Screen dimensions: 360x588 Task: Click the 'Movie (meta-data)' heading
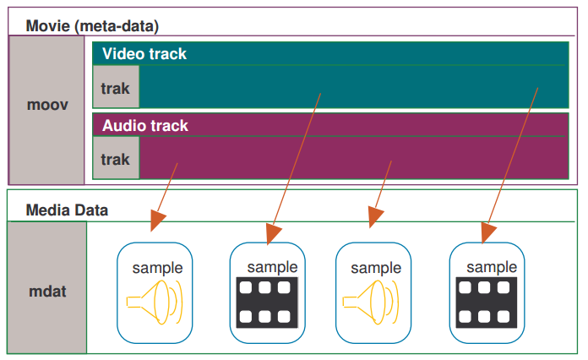tap(92, 25)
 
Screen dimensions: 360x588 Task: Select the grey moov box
tap(47, 106)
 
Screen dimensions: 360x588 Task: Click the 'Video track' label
tap(144, 54)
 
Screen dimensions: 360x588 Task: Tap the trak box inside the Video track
tap(116, 88)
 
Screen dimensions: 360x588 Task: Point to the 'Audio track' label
tap(145, 126)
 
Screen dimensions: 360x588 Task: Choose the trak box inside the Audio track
tap(116, 159)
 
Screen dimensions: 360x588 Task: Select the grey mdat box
tap(47, 292)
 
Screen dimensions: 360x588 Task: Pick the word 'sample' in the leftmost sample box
tap(157, 268)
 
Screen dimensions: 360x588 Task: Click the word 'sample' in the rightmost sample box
tap(492, 268)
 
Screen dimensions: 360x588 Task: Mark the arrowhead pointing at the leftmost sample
tap(156, 221)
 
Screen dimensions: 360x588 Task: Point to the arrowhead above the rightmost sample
tap(488, 231)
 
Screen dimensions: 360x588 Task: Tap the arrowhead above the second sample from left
tap(270, 231)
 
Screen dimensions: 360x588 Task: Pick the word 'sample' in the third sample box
tap(376, 268)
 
